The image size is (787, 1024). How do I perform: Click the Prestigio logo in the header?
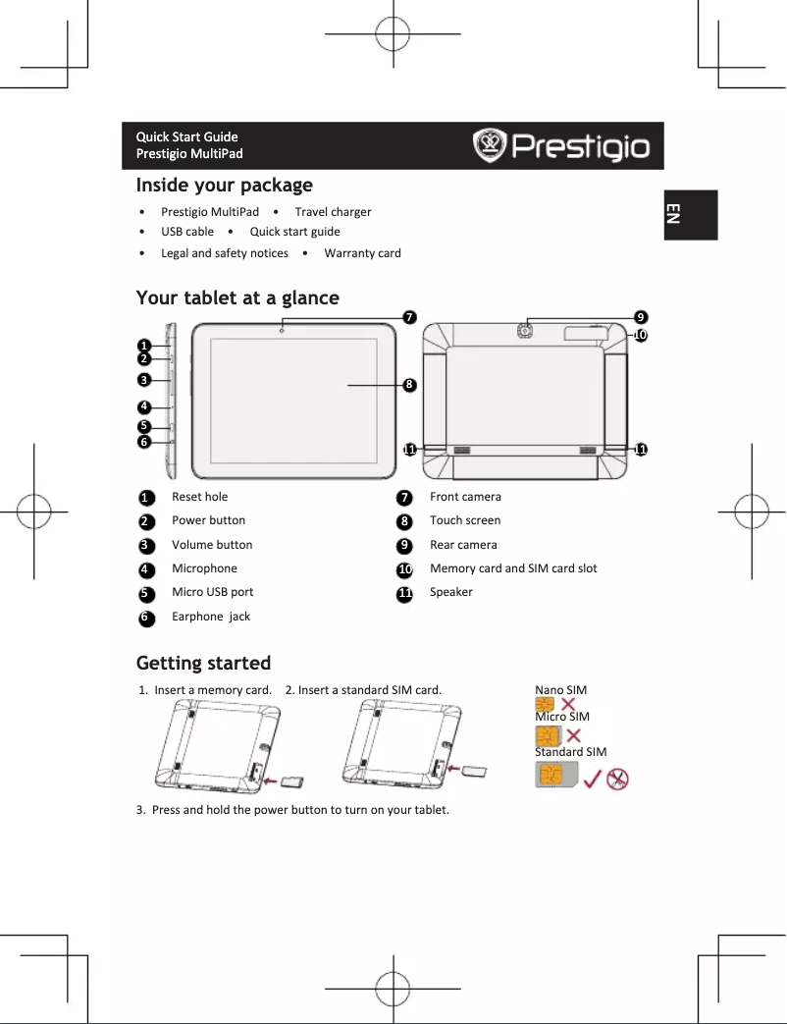[562, 146]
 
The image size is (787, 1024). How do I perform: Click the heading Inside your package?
[225, 186]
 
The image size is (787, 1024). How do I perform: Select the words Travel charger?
[333, 212]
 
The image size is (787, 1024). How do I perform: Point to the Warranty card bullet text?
[362, 253]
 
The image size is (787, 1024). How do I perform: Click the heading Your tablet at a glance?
[237, 298]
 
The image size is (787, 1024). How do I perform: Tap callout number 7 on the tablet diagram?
[409, 316]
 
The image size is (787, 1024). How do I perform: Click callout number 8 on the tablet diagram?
[409, 385]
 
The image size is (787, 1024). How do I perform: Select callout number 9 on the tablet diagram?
[640, 317]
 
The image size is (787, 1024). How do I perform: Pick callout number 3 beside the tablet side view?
[144, 380]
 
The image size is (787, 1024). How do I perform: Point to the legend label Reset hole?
[199, 497]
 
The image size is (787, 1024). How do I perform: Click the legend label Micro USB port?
[212, 592]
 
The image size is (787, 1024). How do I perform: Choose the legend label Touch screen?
[465, 520]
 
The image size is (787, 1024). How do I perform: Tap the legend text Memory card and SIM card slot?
[513, 568]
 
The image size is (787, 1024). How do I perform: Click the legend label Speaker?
[451, 592]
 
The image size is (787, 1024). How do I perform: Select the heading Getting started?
[203, 664]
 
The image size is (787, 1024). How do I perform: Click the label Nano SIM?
[560, 690]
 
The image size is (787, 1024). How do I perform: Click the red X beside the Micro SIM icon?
[573, 735]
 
